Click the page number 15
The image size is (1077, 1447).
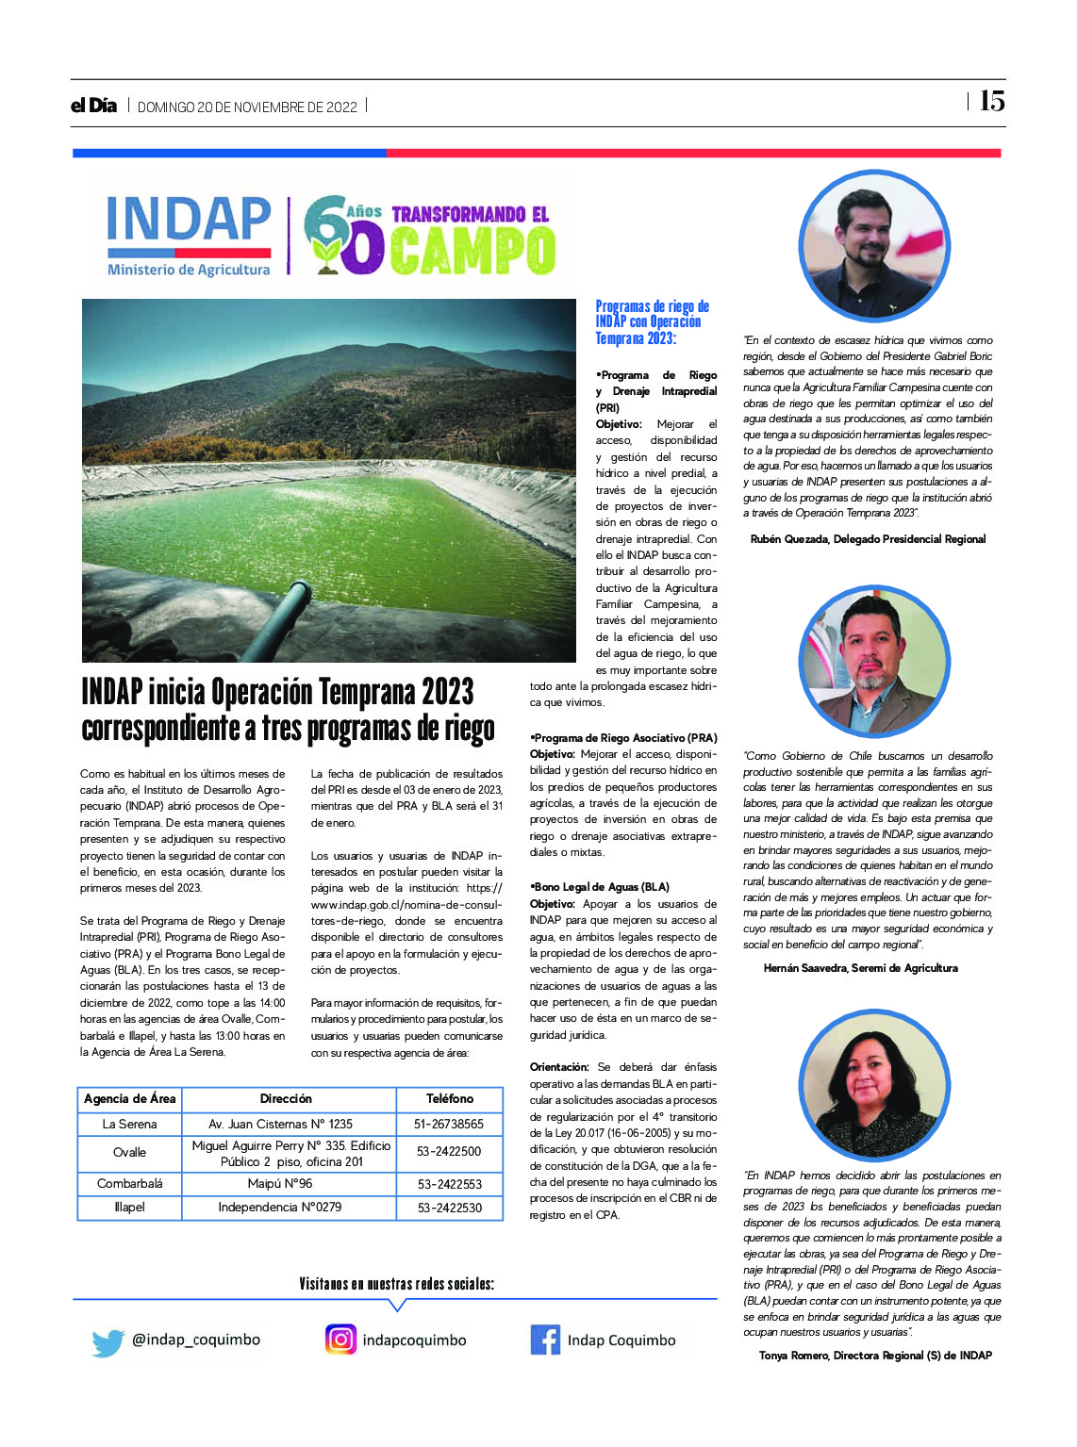tap(991, 101)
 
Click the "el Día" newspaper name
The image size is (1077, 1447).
tap(93, 106)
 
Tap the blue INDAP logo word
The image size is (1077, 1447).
tap(189, 220)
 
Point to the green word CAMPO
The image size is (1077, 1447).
tap(472, 251)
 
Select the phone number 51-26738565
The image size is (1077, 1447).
tap(449, 1124)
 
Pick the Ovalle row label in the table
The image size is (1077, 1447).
tap(129, 1152)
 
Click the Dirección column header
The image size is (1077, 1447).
tap(286, 1098)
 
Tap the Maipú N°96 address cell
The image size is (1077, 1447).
tap(280, 1183)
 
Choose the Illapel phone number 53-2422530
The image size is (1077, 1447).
tap(449, 1207)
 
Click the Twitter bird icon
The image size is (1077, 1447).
tap(108, 1342)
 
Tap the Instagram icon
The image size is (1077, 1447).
tap(340, 1340)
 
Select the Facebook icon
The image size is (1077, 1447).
tap(544, 1340)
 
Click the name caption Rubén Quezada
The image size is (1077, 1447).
tap(868, 539)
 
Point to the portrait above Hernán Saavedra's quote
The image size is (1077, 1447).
tap(873, 662)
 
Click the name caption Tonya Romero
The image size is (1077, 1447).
tap(875, 1356)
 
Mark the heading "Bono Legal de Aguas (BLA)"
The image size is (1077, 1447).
tap(602, 887)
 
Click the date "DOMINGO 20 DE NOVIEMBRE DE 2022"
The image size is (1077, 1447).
tap(247, 107)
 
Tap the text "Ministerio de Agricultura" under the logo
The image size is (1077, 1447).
tap(189, 270)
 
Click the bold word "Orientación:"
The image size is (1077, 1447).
tap(559, 1067)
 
